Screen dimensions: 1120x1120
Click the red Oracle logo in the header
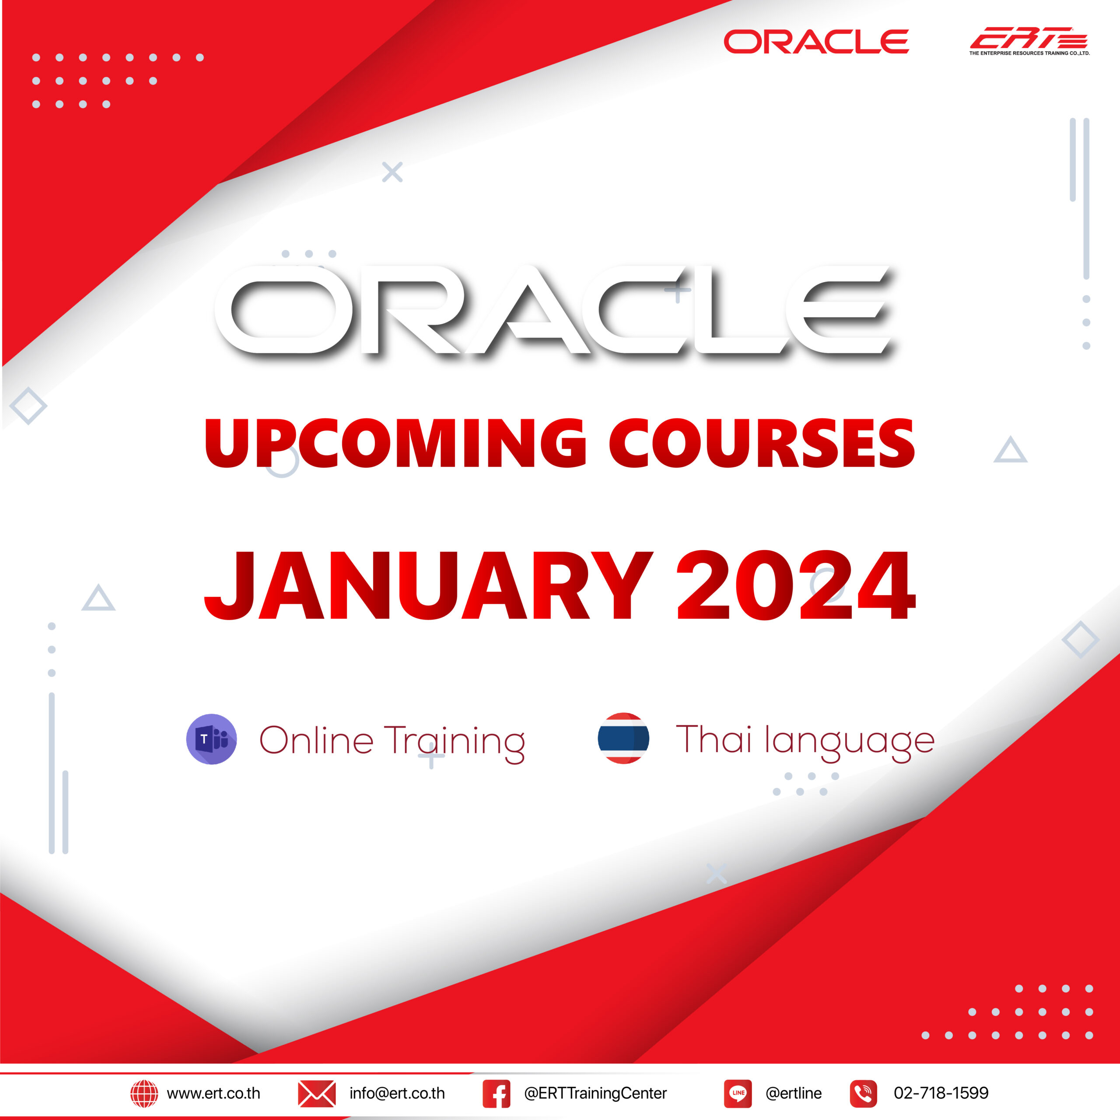(x=816, y=42)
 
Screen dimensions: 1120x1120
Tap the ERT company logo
(x=1029, y=41)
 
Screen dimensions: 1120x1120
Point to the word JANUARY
(x=428, y=585)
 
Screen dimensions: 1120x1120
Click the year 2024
(x=796, y=585)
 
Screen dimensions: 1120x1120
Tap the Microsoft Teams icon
(x=212, y=739)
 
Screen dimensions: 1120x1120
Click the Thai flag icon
(x=623, y=738)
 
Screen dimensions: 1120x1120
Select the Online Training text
(x=392, y=742)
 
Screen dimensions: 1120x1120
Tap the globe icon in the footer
(x=144, y=1093)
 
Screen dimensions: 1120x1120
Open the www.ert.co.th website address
(x=213, y=1093)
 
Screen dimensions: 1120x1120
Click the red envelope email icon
(x=316, y=1093)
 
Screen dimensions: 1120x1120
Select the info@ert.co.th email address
(x=397, y=1093)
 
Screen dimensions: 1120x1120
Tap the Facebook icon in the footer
(x=496, y=1093)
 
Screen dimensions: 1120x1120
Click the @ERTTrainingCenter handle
(x=595, y=1093)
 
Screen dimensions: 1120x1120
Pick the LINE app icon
(x=738, y=1093)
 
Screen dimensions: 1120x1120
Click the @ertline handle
(x=794, y=1093)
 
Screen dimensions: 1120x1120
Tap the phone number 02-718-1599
(x=941, y=1093)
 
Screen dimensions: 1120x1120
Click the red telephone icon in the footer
(x=864, y=1093)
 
